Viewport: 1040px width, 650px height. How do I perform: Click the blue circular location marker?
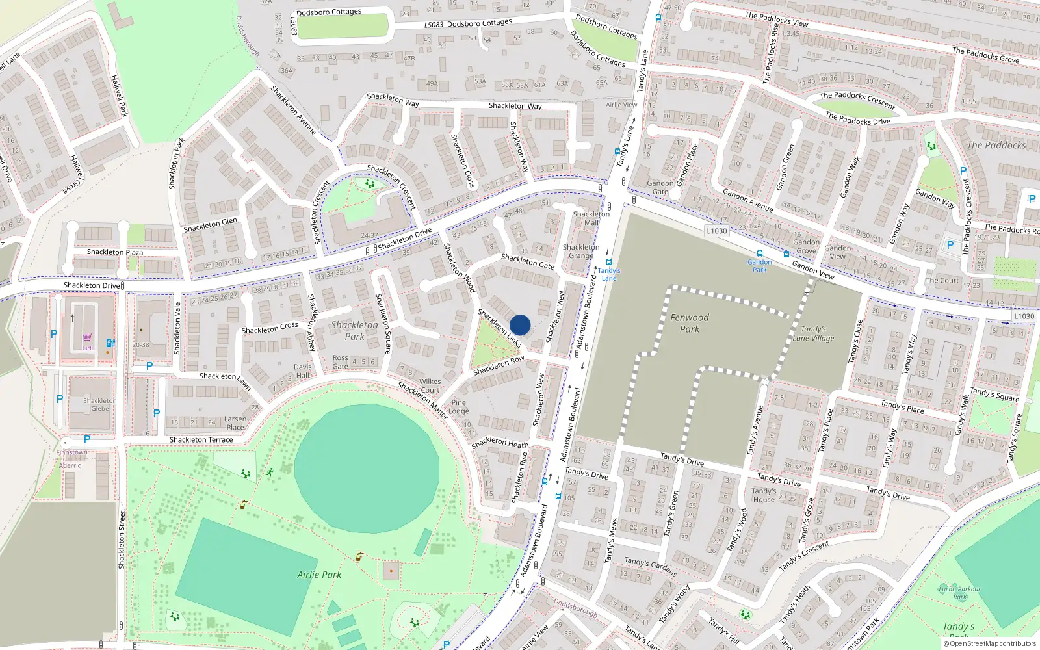[520, 325]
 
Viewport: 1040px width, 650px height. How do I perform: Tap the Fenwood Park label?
[690, 323]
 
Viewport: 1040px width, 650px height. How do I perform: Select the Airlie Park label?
[319, 575]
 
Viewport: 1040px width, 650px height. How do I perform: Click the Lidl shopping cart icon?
[88, 338]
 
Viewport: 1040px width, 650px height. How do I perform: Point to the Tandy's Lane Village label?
[813, 333]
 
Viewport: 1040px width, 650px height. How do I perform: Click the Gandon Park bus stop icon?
[759, 254]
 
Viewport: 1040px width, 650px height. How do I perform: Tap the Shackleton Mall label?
[591, 218]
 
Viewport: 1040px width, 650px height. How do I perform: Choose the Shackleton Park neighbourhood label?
[354, 330]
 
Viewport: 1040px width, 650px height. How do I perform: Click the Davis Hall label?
[303, 371]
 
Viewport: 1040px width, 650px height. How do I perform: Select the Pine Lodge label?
[458, 407]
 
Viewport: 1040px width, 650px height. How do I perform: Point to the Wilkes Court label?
[430, 385]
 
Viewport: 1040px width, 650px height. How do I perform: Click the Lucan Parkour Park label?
[959, 593]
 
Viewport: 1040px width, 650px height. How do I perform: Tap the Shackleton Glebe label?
[99, 404]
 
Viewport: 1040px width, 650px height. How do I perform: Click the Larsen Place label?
[235, 423]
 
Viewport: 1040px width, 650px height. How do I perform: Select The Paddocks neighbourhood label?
[996, 146]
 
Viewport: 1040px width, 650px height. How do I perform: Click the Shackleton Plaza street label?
[115, 252]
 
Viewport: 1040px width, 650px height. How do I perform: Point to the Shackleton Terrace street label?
[201, 440]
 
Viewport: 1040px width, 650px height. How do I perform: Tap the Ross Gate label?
[340, 362]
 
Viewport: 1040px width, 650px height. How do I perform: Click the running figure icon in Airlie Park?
[269, 473]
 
